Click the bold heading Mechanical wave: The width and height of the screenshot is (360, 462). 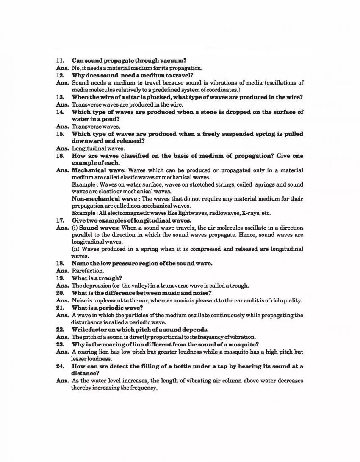tap(96, 170)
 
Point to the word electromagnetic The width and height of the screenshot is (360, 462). tap(125, 213)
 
